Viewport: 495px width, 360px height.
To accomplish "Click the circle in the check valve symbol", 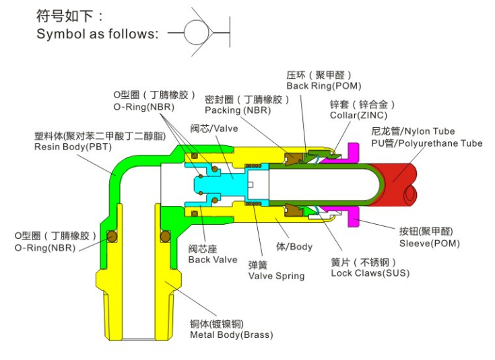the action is [x=185, y=32].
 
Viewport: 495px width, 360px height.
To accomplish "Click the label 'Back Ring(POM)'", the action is [x=323, y=86].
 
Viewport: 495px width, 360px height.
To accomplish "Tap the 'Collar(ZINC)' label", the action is [x=358, y=115].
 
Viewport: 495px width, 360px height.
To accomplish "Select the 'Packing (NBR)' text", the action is [x=238, y=110].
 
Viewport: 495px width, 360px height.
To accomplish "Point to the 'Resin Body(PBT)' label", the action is [x=73, y=147].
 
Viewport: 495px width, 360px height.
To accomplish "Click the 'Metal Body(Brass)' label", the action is [x=232, y=334].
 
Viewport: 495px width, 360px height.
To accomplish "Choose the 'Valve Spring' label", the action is [x=276, y=276].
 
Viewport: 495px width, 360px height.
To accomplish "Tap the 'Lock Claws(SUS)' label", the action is [x=370, y=273].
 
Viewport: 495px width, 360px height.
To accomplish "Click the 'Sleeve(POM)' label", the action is [x=430, y=244].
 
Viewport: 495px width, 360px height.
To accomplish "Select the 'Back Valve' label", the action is [x=212, y=260].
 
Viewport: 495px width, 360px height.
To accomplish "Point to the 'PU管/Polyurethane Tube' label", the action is [x=426, y=143].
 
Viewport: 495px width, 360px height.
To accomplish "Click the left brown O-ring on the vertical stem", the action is [x=112, y=236].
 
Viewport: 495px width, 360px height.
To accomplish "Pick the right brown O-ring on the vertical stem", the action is [x=165, y=236].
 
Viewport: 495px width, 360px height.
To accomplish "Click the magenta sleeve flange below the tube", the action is [x=354, y=217].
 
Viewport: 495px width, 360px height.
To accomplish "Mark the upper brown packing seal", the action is [x=293, y=158].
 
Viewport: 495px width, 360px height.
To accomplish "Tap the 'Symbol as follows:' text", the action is [x=97, y=34].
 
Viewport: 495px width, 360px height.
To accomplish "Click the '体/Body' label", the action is [x=294, y=246].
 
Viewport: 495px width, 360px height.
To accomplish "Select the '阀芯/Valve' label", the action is [x=214, y=129].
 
